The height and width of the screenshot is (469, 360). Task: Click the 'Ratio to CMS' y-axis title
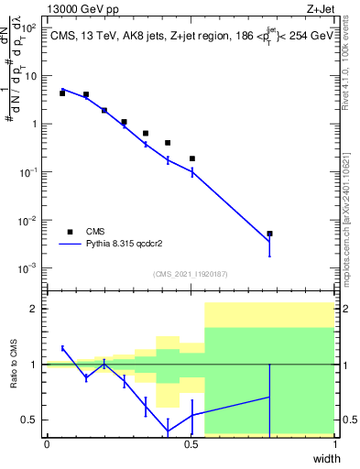tap(14, 364)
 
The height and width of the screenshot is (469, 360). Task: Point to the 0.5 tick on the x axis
tap(191, 444)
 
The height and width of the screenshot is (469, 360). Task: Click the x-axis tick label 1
tap(334, 444)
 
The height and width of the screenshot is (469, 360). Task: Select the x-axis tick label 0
tap(47, 444)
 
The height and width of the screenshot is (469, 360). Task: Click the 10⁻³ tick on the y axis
tap(30, 268)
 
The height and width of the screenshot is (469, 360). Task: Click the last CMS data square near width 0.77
tap(269, 234)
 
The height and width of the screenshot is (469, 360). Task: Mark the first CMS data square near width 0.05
tap(62, 93)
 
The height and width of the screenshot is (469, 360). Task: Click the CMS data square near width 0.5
tap(192, 158)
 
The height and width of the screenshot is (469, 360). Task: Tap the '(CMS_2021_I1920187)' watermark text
tap(191, 273)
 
